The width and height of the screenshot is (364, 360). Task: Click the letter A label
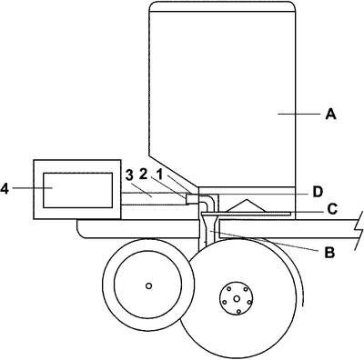[330, 115]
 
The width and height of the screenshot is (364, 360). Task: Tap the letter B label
[329, 252]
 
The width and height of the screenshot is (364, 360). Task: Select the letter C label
[333, 209]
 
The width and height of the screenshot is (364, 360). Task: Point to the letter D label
[318, 192]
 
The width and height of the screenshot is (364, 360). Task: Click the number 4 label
[5, 188]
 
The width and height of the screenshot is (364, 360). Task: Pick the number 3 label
[129, 175]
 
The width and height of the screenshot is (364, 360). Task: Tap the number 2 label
[144, 174]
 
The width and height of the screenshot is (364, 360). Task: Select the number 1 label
[159, 174]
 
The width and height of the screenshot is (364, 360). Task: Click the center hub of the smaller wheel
[148, 285]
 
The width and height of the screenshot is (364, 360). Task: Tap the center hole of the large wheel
[237, 299]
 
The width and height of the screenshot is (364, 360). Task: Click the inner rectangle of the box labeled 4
[78, 190]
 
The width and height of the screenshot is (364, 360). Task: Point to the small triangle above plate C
[247, 205]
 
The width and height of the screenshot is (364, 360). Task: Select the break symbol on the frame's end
[359, 230]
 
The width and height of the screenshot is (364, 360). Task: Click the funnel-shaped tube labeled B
[209, 225]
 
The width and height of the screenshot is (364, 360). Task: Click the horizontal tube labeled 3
[155, 199]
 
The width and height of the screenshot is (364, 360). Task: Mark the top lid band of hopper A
[222, 6]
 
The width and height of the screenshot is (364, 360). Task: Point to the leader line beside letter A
[298, 114]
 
